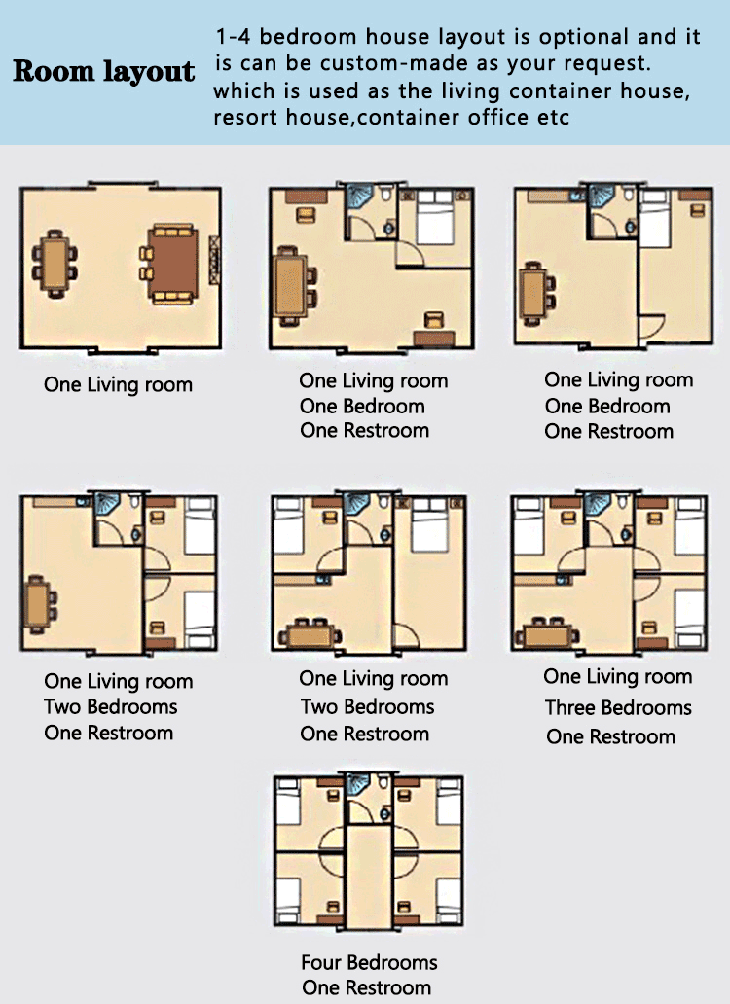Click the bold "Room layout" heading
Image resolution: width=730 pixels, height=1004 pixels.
point(103,72)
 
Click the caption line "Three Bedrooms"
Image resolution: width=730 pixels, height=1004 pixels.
point(618,707)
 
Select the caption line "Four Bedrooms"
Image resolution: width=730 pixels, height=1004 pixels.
point(369,963)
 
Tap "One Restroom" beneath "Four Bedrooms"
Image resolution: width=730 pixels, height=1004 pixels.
point(366,987)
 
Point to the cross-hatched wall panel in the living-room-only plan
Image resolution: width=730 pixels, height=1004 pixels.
point(214,257)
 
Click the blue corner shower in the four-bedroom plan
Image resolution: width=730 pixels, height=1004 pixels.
point(359,784)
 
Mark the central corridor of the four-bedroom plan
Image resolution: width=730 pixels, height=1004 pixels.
point(369,876)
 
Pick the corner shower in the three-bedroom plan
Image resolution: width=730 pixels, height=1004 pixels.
point(596,504)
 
